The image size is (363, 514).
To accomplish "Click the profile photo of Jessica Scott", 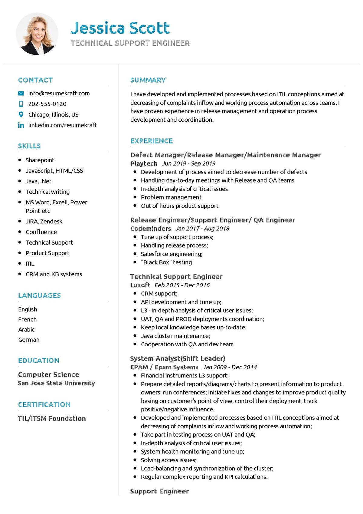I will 37,34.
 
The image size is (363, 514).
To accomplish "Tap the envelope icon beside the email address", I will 21,93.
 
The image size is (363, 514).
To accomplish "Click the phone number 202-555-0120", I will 47,104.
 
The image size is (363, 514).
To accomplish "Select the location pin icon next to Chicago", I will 21,114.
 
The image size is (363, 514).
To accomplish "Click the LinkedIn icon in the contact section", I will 21,125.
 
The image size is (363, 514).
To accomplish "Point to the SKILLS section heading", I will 29,146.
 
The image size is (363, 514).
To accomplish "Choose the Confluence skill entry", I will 41,232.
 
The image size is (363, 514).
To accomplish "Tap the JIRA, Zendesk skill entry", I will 44,221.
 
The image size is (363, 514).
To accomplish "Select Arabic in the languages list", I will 26,329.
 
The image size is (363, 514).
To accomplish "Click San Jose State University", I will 56,383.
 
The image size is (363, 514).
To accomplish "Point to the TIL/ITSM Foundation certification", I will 52,418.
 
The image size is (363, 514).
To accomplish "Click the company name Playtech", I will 144,163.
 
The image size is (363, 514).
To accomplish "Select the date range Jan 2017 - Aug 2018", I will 202,229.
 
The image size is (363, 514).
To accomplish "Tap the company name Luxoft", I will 140,285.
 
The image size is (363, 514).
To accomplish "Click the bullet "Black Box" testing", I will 166,262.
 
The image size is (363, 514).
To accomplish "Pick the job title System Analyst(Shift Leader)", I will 178,359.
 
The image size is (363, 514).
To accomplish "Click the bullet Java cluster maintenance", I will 175,336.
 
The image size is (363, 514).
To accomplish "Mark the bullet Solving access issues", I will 168,460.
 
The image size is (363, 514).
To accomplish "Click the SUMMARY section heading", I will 148,80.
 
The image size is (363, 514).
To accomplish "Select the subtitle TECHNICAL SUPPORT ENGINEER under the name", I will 130,43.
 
